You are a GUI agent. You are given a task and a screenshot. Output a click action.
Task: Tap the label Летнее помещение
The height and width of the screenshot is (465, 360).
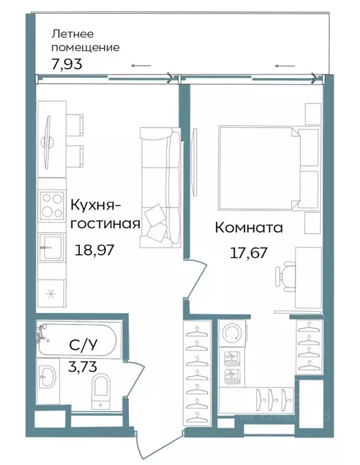[85, 40]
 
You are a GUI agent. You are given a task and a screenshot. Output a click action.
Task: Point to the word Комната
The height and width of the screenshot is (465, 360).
[249, 228]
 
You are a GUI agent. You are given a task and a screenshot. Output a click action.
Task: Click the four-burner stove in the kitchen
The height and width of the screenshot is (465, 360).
[51, 205]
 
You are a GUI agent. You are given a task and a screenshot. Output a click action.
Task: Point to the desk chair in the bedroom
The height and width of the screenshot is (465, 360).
[286, 275]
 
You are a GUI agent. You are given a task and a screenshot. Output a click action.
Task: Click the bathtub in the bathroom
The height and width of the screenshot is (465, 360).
[79, 340]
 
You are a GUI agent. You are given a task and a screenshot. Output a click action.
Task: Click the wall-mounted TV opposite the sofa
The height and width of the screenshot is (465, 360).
[195, 162]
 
